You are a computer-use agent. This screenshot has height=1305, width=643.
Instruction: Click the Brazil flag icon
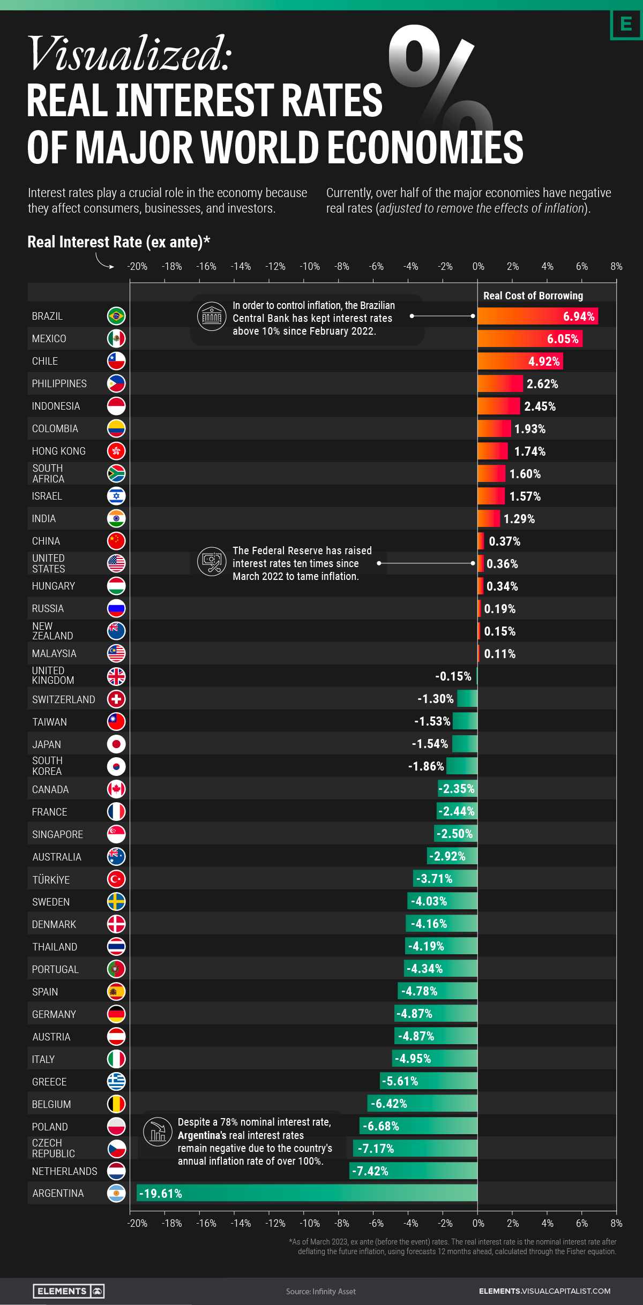[x=116, y=316]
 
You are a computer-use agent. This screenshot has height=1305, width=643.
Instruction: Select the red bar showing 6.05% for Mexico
[x=529, y=338]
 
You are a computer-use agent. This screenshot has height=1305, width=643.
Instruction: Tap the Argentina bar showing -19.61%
[x=306, y=1193]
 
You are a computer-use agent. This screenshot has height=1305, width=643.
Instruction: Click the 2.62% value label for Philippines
[x=542, y=384]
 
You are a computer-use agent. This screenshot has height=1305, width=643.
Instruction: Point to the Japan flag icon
[x=116, y=744]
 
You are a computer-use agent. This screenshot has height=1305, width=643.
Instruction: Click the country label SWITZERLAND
[x=63, y=699]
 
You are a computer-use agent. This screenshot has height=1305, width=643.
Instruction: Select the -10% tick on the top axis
[x=310, y=266]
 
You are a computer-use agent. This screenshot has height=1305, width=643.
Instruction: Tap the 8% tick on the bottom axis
[x=616, y=1223]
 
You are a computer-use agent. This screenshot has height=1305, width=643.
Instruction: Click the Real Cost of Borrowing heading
[x=533, y=296]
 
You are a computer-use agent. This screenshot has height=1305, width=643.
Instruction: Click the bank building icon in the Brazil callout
[x=212, y=316]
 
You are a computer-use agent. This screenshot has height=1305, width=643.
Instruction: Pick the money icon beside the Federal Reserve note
[x=212, y=562]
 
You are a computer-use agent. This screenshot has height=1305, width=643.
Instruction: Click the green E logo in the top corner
[x=626, y=24]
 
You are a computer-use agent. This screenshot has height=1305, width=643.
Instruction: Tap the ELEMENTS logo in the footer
[x=69, y=1291]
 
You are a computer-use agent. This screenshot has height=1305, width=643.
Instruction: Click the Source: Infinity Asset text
[x=320, y=1292]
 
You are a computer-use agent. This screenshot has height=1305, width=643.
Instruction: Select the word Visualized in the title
[x=129, y=54]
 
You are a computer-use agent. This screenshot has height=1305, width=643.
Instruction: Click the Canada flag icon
[x=116, y=789]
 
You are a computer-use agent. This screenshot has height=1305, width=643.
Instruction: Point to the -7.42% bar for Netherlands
[x=413, y=1171]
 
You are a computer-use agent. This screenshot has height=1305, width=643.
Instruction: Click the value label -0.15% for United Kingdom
[x=453, y=676]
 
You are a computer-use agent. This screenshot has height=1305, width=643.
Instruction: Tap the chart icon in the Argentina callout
[x=158, y=1132]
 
